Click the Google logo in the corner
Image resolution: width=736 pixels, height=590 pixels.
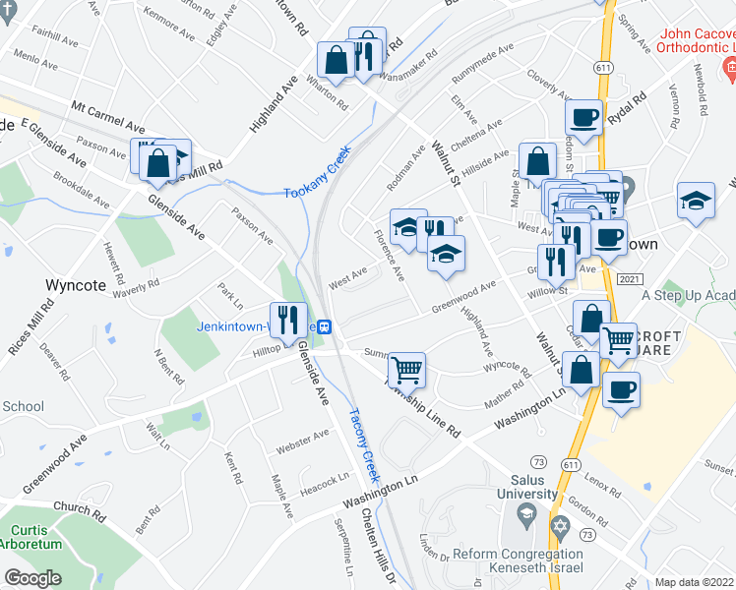tap(33, 578)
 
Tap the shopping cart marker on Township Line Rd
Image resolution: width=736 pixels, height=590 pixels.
tap(406, 369)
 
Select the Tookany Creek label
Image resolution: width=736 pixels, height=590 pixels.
tap(318, 179)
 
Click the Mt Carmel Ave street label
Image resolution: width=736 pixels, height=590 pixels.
tap(108, 117)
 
